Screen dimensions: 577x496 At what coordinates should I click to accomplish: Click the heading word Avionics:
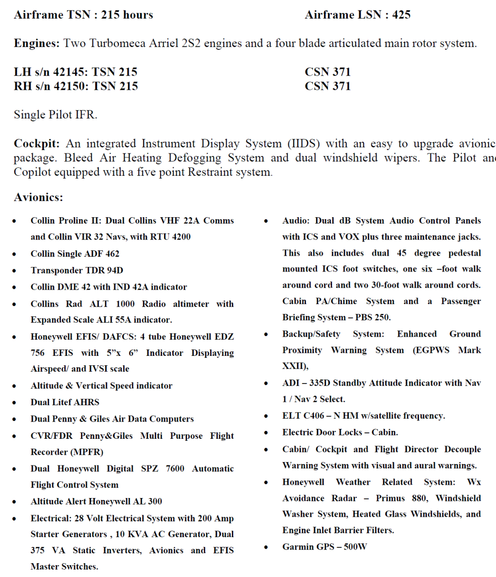point(39,197)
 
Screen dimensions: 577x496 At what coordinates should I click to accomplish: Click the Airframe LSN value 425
point(401,15)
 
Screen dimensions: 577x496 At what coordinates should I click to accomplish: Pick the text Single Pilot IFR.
point(55,115)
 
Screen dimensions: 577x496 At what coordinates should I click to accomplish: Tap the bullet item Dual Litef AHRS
point(65,402)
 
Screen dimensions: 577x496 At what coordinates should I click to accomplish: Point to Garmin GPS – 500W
point(325,546)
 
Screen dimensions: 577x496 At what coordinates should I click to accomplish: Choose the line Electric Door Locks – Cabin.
point(340,432)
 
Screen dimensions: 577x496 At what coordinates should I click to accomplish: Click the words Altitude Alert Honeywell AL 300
point(96,501)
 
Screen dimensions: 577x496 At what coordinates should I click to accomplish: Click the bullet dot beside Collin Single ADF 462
point(17,254)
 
